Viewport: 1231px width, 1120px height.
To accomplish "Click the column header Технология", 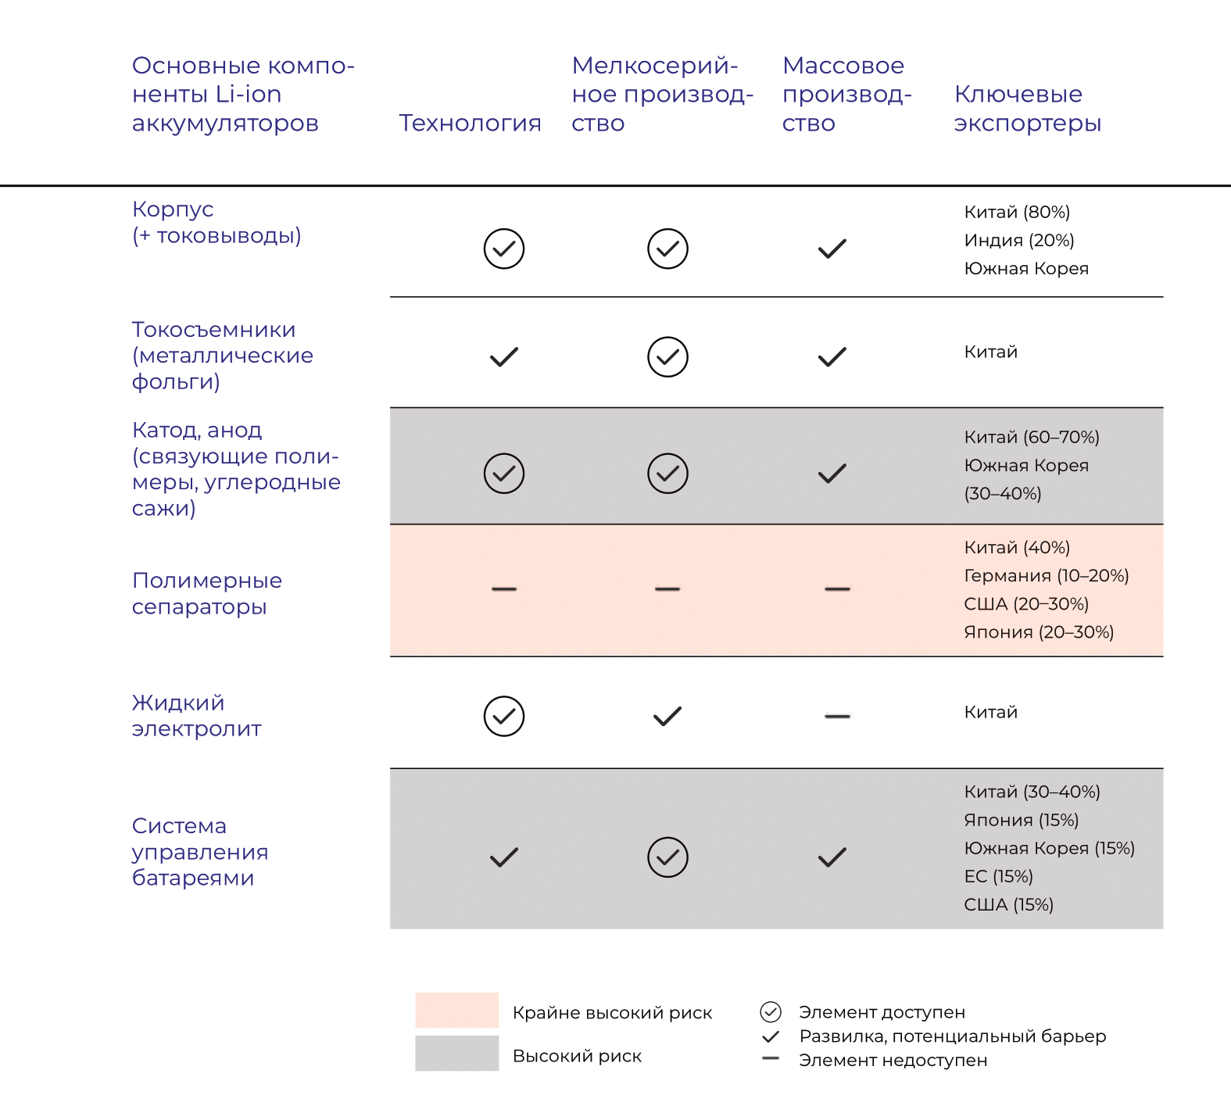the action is (470, 123).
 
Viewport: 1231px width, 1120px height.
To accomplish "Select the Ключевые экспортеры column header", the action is (1027, 108).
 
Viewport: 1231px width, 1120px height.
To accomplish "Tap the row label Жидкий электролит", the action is (196, 715).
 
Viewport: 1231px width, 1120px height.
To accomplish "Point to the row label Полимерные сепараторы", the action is (206, 593).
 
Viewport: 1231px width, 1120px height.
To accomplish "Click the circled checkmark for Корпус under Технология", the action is (504, 249).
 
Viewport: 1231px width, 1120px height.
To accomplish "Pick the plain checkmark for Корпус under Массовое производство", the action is (832, 249).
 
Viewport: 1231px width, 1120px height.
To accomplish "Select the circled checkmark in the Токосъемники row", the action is (668, 357).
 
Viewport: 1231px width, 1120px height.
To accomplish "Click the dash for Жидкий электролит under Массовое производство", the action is (837, 716).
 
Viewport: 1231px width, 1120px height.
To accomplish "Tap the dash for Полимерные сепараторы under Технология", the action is (504, 589).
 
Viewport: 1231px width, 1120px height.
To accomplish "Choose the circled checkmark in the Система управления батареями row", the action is (668, 857).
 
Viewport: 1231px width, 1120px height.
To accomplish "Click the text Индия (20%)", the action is (1019, 240).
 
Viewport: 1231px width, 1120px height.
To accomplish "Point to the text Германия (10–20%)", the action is (1047, 576).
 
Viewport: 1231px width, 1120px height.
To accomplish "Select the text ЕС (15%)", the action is (998, 876).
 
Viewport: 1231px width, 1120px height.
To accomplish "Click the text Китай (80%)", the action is (1017, 212).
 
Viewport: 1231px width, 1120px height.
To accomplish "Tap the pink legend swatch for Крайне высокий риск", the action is (457, 1010).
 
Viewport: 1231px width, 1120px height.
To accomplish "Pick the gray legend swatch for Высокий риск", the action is (457, 1054).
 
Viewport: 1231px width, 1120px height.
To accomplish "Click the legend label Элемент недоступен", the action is (893, 1061).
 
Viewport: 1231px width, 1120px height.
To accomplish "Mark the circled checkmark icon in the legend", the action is (771, 1012).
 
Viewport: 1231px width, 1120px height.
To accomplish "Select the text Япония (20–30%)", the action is (1039, 632).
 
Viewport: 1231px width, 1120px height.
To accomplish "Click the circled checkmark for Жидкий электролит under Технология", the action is (504, 716).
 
